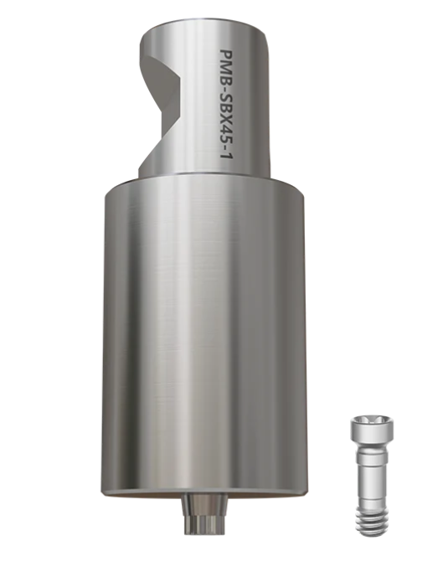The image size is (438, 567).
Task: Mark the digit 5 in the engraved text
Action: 225,141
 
